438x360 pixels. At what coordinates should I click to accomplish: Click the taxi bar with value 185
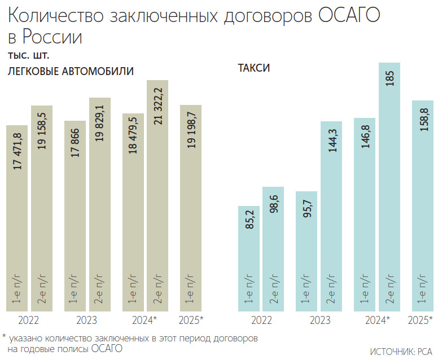(389, 186)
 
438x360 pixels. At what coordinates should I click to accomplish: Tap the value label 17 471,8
(17, 150)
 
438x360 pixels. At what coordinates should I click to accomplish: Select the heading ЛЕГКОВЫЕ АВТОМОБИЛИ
(71, 72)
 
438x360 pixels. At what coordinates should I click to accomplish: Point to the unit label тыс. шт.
(28, 56)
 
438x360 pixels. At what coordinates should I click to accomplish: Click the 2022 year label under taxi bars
(261, 321)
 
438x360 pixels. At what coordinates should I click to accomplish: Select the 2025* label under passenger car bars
(190, 321)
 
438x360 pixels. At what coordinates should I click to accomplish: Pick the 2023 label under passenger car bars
(85, 321)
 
